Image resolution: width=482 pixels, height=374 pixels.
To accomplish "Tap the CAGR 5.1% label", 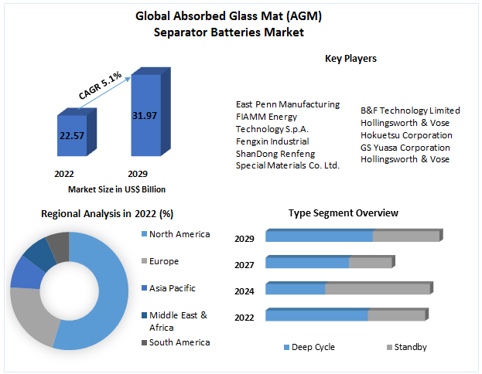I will coord(100,85).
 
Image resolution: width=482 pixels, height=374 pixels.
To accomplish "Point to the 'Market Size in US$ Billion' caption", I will coord(117,189).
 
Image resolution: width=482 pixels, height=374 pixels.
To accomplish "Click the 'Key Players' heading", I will coord(350,58).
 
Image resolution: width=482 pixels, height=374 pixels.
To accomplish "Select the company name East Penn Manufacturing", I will coord(288,104).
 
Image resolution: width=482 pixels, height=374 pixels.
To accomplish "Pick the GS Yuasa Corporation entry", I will coord(405,147).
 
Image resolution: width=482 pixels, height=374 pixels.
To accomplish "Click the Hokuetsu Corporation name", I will coord(406,135).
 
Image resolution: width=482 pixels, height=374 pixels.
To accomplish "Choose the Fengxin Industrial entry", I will coord(272,141).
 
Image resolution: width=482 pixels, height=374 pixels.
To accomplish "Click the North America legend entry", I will coord(179,234).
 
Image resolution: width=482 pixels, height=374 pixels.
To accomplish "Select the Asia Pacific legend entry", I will coord(172,288).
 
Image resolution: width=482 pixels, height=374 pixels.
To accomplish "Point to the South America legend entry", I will coord(179,342).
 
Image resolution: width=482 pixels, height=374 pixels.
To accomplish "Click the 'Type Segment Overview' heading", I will coord(343,212).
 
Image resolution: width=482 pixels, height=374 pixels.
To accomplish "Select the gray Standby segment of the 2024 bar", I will coord(377,289).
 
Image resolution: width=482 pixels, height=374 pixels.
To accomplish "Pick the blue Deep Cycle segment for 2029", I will coord(319,236).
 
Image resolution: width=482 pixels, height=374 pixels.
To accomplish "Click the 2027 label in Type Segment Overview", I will coord(244,264).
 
